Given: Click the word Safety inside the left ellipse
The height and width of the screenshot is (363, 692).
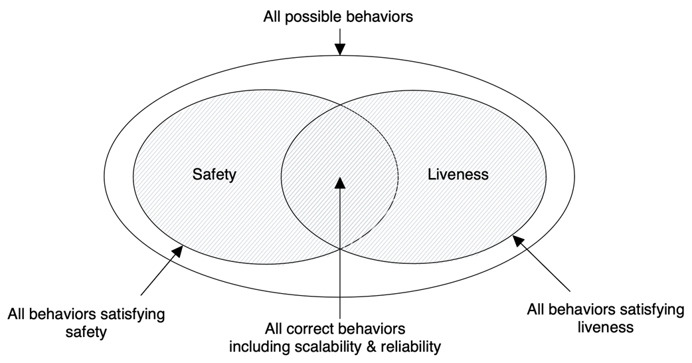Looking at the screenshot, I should pos(215,175).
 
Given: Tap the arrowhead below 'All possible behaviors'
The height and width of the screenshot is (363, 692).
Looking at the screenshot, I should pos(340,50).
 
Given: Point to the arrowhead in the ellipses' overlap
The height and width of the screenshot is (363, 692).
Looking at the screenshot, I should pos(340,181).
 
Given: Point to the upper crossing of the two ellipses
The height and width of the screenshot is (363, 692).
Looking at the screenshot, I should pos(340,103).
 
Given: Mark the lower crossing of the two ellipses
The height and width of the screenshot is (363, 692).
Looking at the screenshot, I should pos(340,249).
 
